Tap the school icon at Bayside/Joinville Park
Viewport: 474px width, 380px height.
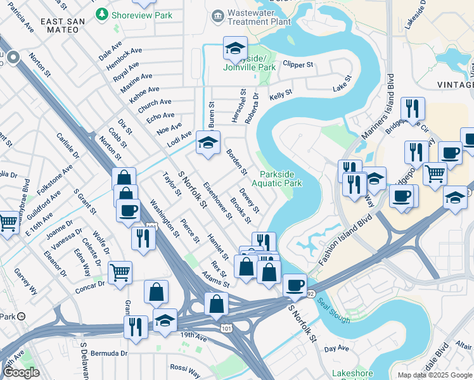[x=234, y=48]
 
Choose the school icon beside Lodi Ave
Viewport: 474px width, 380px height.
[x=207, y=143]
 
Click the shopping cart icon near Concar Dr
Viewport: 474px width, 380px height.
[x=120, y=273]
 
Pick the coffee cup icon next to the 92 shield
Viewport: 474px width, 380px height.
[x=295, y=285]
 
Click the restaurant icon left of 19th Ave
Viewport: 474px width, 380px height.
[x=136, y=327]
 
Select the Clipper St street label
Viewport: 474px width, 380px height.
[x=298, y=65]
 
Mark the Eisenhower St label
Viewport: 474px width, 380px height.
[x=217, y=200]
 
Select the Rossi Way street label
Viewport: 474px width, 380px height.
[x=185, y=369]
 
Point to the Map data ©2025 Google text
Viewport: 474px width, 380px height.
[x=435, y=375]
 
